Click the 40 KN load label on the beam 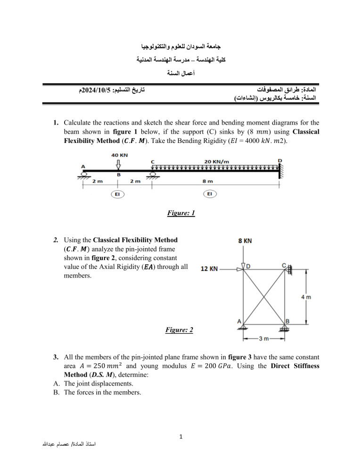pyautogui.click(x=120, y=154)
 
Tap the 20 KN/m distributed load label pyautogui.click(x=216, y=161)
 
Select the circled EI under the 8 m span pyautogui.click(x=209, y=194)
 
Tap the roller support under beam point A pyautogui.click(x=83, y=175)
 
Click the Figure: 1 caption pyautogui.click(x=181, y=213)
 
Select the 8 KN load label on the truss pyautogui.click(x=244, y=241)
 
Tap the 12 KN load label pyautogui.click(x=209, y=269)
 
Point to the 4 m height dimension pyautogui.click(x=306, y=297)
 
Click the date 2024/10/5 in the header pyautogui.click(x=93, y=90)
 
